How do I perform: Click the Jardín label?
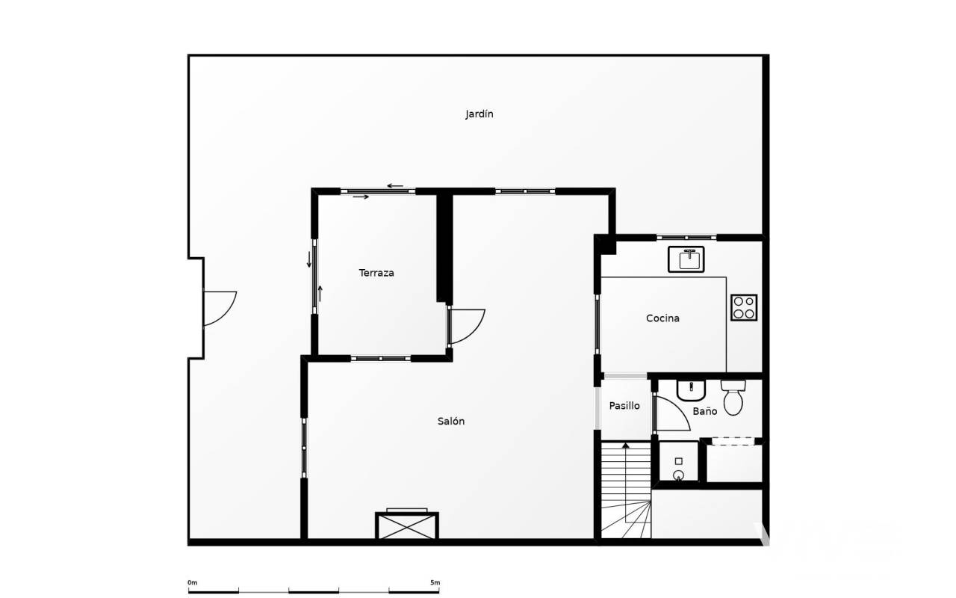coord(479,114)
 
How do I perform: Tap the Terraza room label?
coord(376,273)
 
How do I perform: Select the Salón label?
coord(451,421)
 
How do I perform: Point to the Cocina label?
coord(662,318)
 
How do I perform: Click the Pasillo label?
coord(624,406)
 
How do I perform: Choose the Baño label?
coord(704,411)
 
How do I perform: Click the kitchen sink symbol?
coord(686,259)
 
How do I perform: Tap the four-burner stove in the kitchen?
coord(744,307)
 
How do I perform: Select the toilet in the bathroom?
coord(733,398)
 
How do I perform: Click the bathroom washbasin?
coord(691,390)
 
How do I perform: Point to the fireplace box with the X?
coord(407,525)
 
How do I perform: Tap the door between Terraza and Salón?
coord(467,327)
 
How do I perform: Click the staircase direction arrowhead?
coord(626,446)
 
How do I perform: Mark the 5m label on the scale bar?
coord(435,582)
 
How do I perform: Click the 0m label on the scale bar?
coord(193,582)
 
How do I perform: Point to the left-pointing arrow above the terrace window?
coord(395,186)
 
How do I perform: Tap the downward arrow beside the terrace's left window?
coord(309,259)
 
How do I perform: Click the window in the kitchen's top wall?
coord(686,238)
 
